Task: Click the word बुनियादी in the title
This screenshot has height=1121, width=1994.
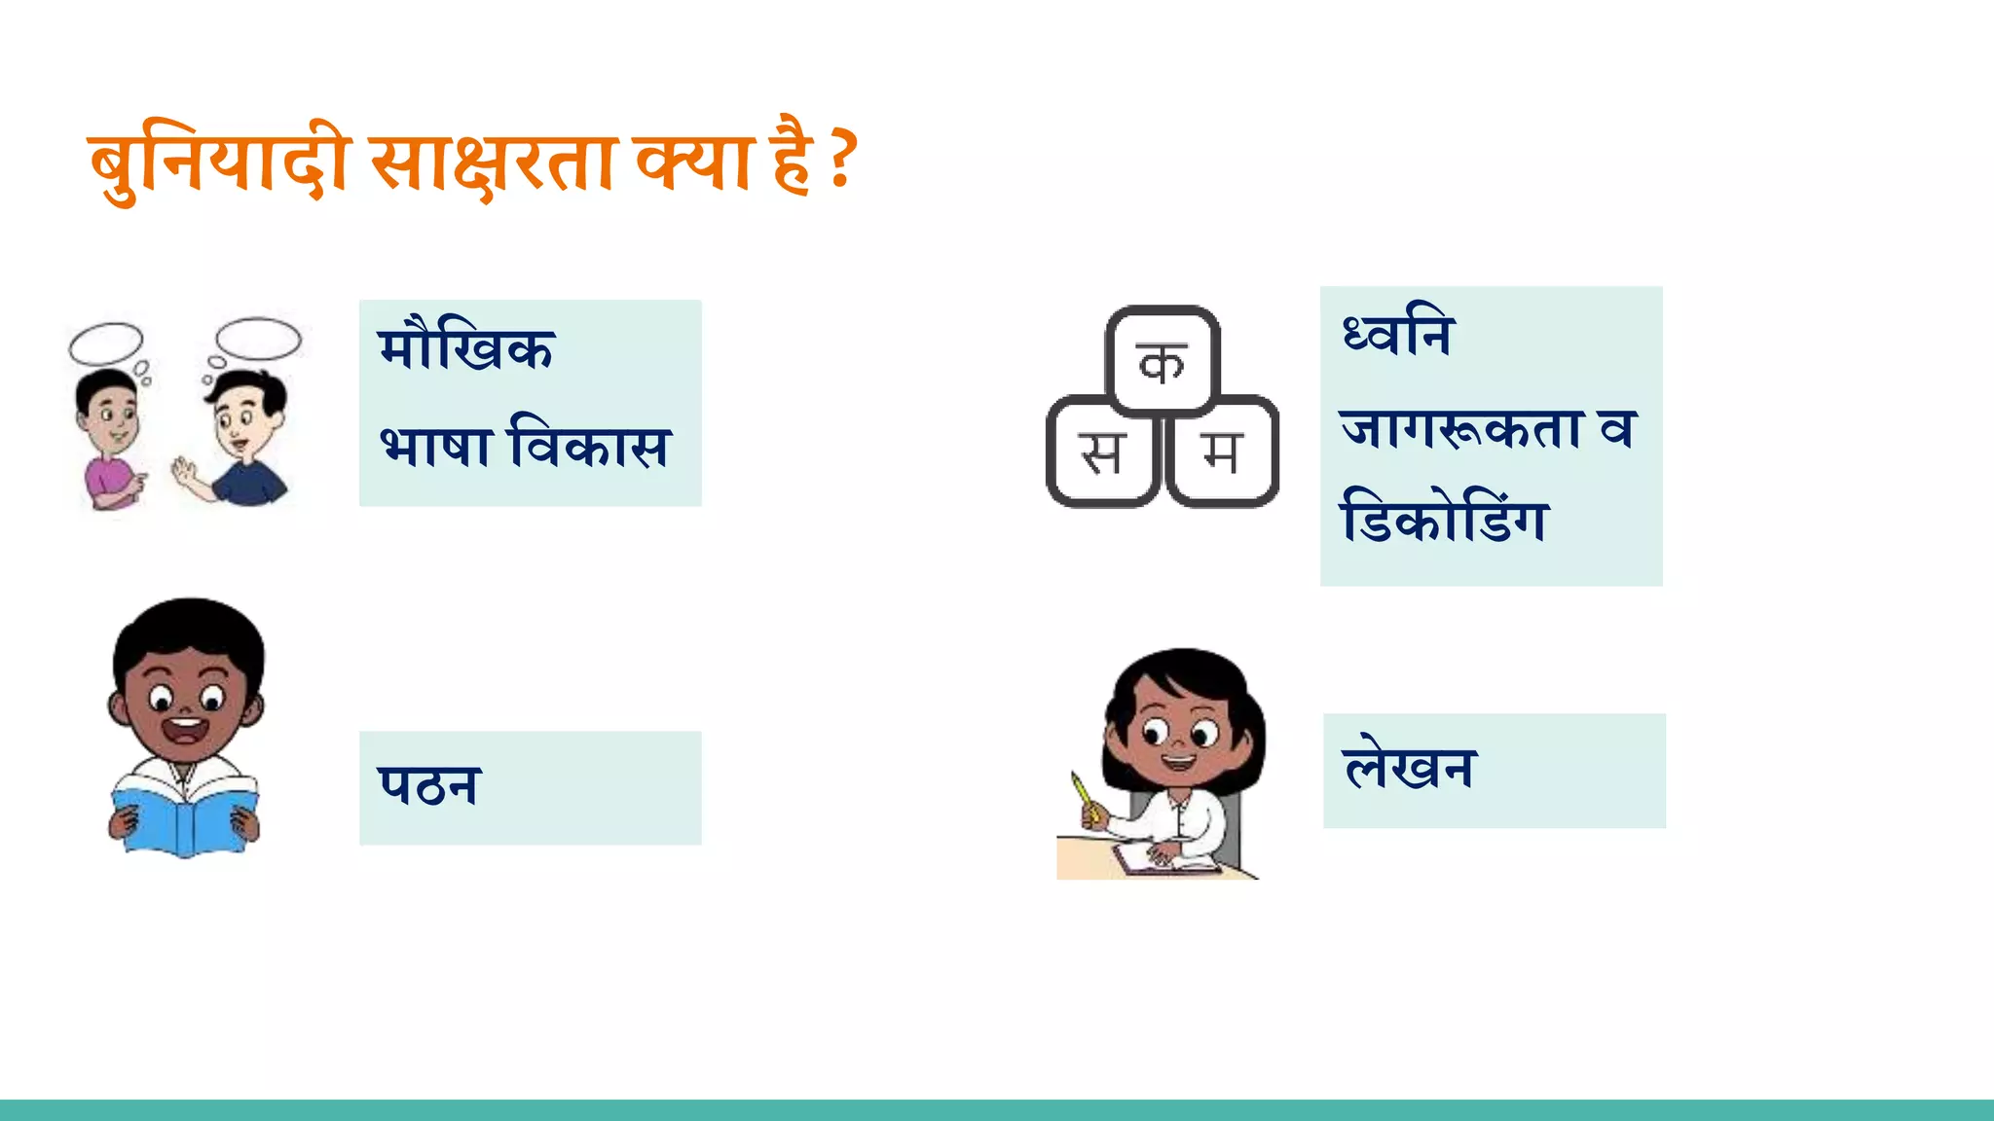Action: (x=219, y=163)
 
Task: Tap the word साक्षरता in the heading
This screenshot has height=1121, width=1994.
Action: (x=492, y=163)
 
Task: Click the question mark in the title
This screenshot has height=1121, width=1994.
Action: (x=843, y=161)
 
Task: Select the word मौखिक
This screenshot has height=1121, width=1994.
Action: (x=466, y=347)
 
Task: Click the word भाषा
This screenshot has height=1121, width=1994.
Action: (x=435, y=447)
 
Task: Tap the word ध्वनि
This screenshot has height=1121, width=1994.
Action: (x=1397, y=334)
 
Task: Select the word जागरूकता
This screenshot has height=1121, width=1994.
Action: (x=1460, y=428)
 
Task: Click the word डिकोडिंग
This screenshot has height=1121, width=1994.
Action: (x=1444, y=519)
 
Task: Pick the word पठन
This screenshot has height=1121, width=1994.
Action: (x=428, y=786)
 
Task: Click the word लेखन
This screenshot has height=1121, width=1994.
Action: (x=1409, y=768)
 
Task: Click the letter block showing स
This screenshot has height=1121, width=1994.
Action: (x=1102, y=452)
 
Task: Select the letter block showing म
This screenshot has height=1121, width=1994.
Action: (x=1222, y=452)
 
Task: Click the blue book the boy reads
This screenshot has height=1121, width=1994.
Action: (x=184, y=817)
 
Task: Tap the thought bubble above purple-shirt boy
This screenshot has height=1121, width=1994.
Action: (x=106, y=342)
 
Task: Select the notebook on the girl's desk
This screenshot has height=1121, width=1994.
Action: (x=1163, y=859)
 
